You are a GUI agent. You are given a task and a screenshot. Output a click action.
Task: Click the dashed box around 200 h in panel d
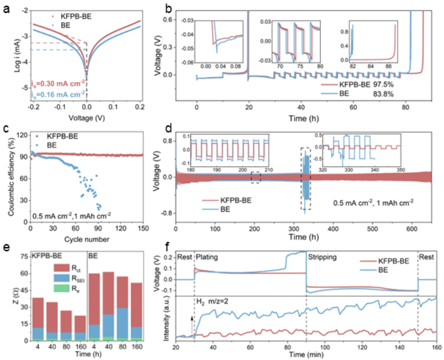click(x=256, y=177)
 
